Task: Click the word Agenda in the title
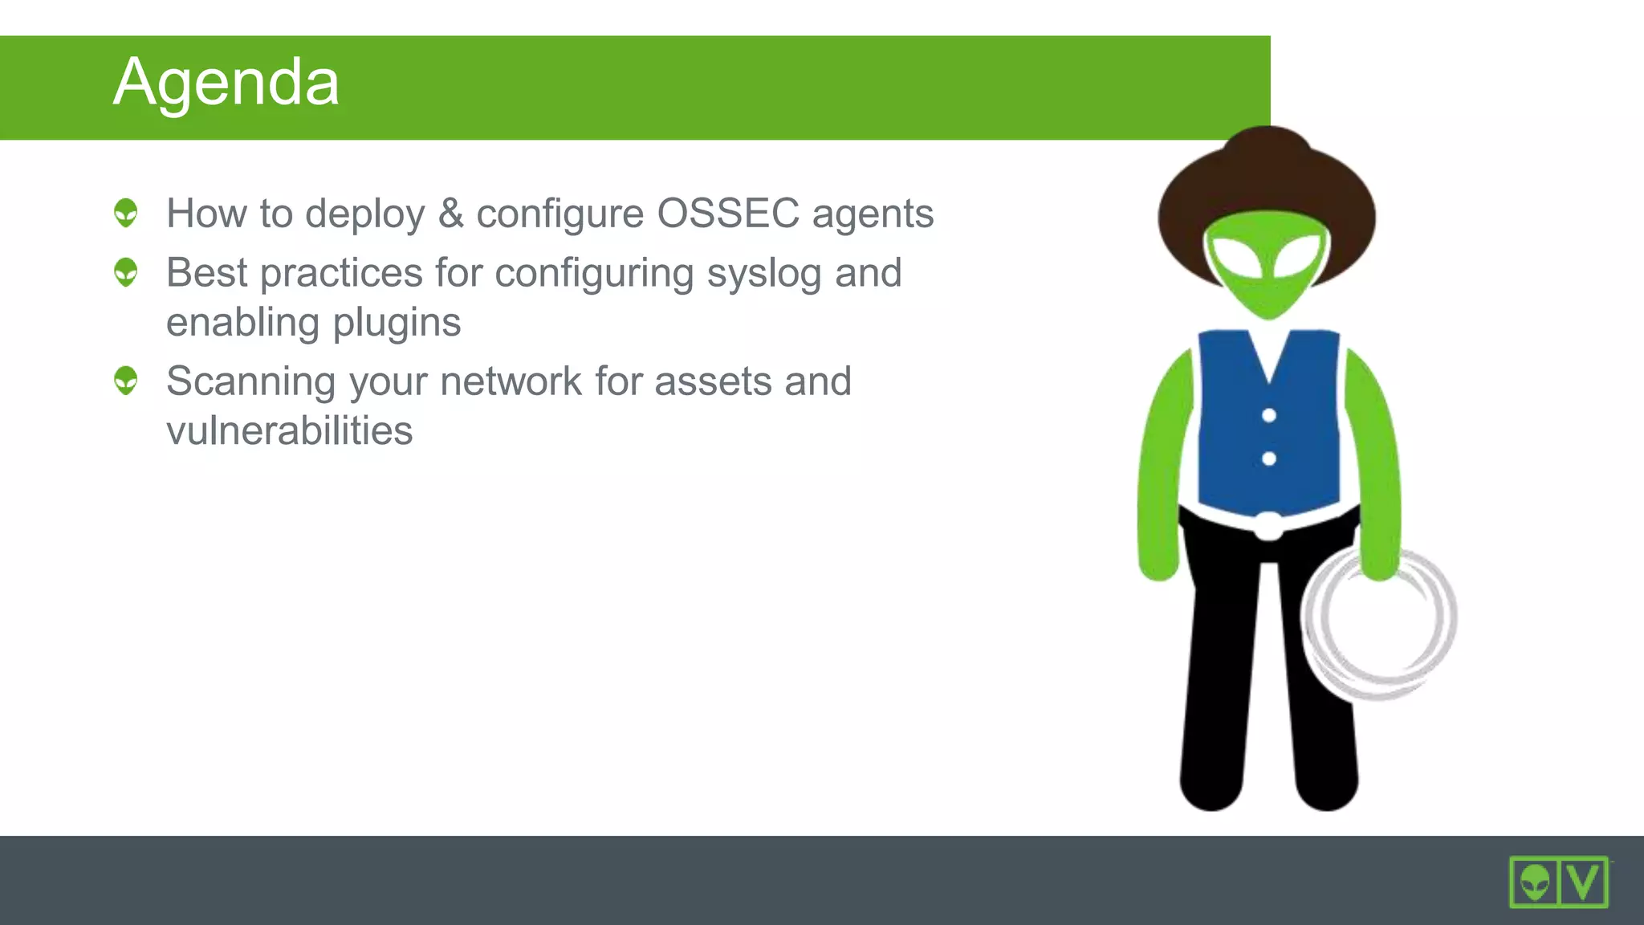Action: (x=226, y=83)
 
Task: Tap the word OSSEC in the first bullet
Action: (x=727, y=214)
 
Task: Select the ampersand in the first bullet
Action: (x=450, y=214)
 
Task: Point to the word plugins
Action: (x=397, y=323)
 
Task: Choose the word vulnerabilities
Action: (x=290, y=430)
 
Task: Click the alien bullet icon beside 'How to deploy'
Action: (x=126, y=213)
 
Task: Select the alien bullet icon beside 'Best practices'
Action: (x=126, y=272)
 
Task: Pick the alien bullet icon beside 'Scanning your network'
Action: (x=126, y=381)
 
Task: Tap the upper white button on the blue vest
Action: (x=1269, y=415)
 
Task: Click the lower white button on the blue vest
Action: (x=1269, y=458)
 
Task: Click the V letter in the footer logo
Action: (x=1583, y=882)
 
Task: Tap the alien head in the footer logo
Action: (x=1535, y=882)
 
